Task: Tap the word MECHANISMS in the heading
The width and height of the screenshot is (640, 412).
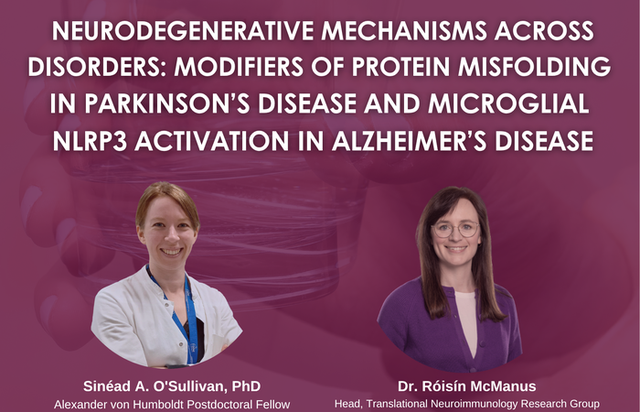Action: click(x=407, y=31)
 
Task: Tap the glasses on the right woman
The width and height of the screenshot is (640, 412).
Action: click(x=455, y=229)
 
